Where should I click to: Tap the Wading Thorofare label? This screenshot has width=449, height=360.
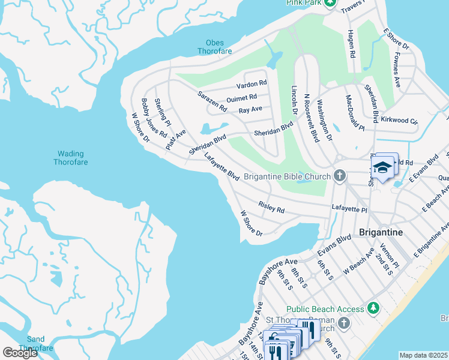point(70,158)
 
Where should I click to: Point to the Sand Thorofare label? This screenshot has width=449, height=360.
point(35,344)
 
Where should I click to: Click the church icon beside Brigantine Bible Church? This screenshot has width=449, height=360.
point(340,176)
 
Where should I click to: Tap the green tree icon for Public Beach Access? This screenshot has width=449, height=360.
point(374,308)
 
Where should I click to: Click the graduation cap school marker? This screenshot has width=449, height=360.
point(382,167)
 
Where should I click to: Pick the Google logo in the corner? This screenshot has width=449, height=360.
point(20,353)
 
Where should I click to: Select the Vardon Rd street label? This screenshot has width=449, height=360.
point(251,83)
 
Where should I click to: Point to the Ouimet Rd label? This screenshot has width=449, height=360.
point(242,97)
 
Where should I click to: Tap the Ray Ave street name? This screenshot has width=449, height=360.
point(250,110)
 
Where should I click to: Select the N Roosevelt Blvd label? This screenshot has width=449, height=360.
point(311,117)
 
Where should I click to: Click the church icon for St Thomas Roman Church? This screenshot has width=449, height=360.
point(343,324)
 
